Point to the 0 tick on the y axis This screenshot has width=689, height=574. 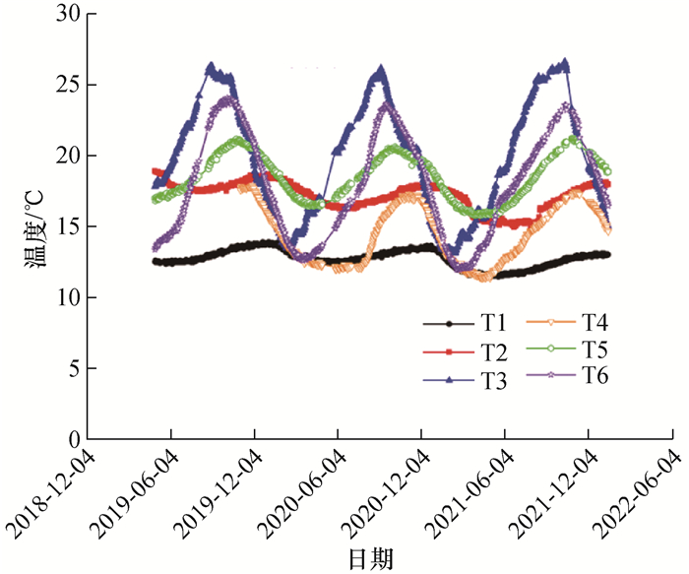(71, 439)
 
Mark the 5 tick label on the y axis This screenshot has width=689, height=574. (71, 369)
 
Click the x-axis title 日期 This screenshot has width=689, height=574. (370, 559)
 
